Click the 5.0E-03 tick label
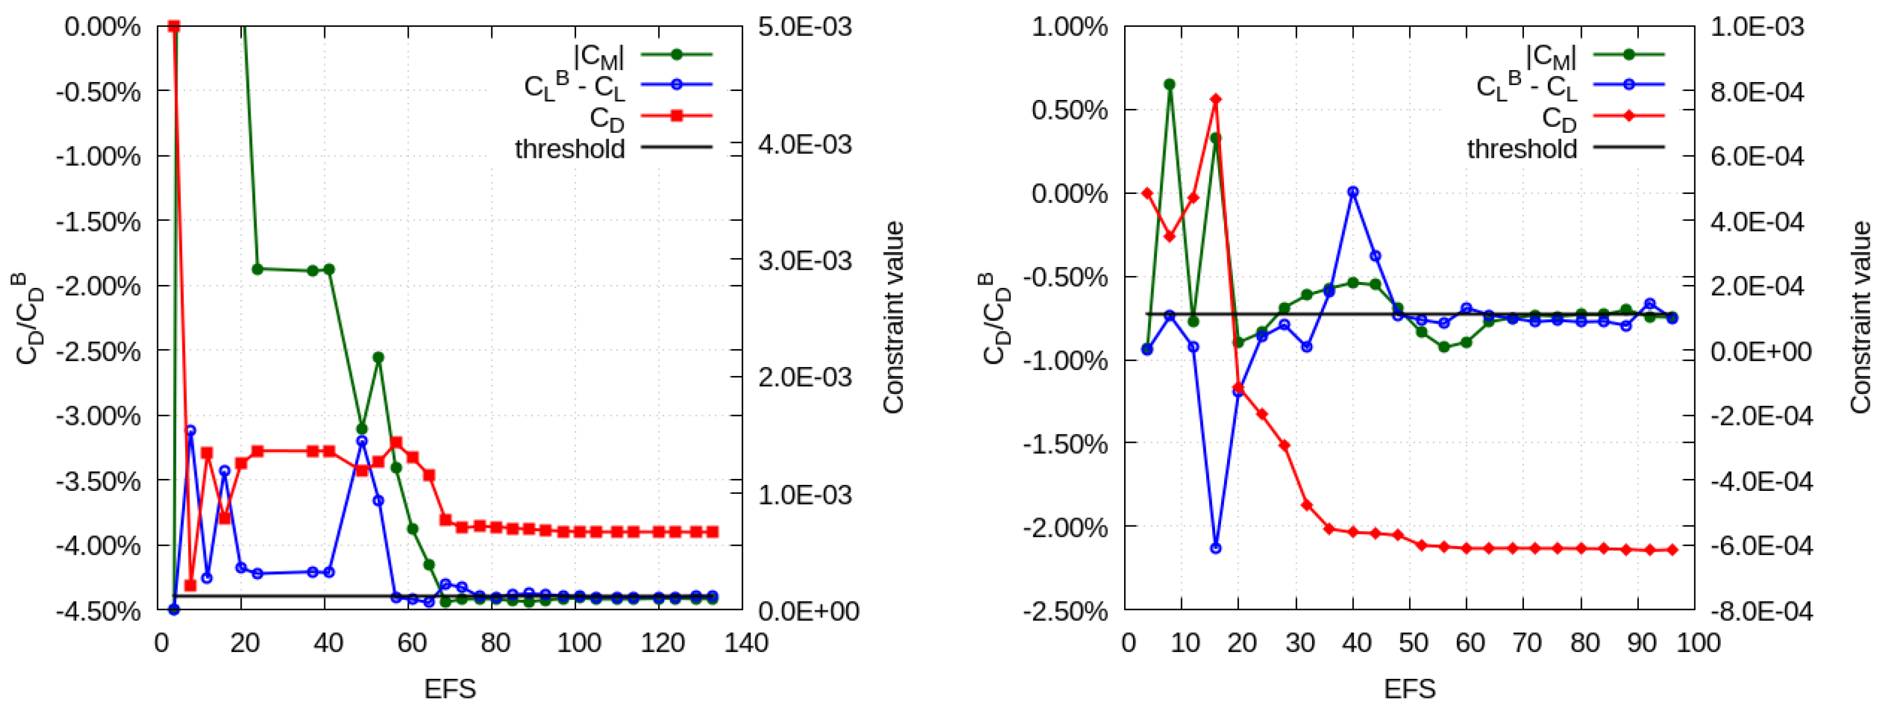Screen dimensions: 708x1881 (805, 27)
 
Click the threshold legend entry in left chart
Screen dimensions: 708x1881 (569, 148)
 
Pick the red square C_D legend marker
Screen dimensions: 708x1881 (676, 115)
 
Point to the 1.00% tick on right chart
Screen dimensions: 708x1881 (1068, 27)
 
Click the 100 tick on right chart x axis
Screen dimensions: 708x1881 (1698, 643)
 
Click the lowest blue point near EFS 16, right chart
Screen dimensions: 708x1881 (1216, 547)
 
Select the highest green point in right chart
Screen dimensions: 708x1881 (1170, 84)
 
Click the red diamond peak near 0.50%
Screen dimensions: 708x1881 (1216, 99)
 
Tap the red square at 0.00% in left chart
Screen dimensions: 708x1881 (174, 27)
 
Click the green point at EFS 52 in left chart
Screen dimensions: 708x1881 (378, 358)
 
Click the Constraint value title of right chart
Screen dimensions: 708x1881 (1861, 318)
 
